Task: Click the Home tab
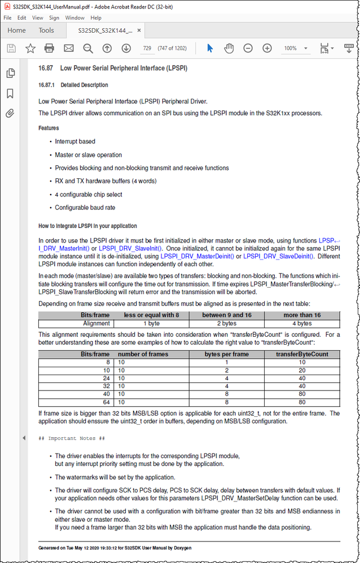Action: point(16,30)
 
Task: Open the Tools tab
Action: point(46,30)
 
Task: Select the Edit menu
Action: point(21,18)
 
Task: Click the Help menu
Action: point(96,18)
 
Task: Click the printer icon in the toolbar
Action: point(49,49)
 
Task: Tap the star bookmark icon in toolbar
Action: point(30,49)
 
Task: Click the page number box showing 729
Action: point(147,49)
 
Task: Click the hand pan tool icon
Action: point(229,49)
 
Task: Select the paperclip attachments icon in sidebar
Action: point(10,113)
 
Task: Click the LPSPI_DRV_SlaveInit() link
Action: point(130,248)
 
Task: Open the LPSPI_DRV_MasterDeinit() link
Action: point(197,256)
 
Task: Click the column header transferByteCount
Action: point(302,354)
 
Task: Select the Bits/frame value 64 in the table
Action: point(106,402)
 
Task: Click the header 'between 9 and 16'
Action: point(227,315)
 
